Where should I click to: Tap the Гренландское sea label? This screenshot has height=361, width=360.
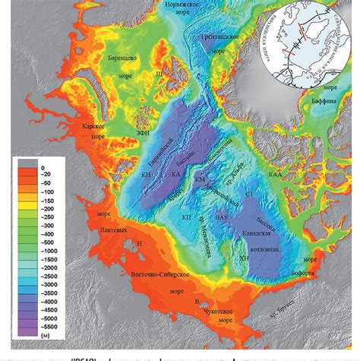[221, 36]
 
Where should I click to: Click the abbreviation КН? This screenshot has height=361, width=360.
[147, 175]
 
